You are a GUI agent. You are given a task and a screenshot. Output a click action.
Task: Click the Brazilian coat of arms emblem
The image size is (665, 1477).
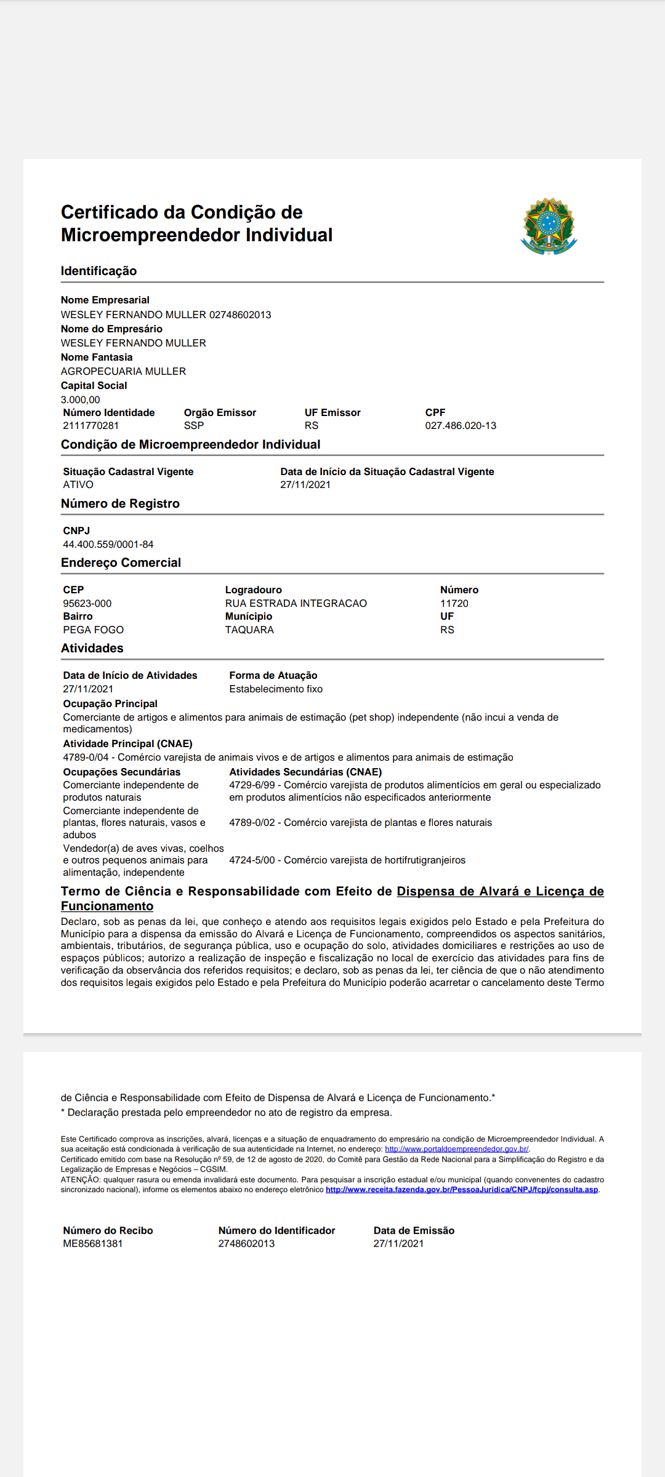[549, 226]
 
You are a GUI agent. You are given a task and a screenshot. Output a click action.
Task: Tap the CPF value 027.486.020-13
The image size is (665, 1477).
[461, 426]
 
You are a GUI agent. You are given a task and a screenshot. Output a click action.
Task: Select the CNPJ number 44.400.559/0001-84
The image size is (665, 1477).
[108, 545]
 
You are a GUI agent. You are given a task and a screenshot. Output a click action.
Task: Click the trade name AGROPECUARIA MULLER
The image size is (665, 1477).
[123, 372]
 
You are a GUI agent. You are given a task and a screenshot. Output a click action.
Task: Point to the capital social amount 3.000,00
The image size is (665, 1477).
[80, 400]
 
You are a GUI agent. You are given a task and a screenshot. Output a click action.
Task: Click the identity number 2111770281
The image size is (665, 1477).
[91, 426]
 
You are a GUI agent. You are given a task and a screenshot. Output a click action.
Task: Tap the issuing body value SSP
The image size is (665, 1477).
[193, 426]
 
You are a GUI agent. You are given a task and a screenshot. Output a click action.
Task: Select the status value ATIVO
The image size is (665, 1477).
[78, 485]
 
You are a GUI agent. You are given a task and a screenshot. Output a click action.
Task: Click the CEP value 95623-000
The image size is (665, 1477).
[87, 604]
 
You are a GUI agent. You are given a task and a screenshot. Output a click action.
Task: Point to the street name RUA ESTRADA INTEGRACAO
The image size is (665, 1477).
[296, 604]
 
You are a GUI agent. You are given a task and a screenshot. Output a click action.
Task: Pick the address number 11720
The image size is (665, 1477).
[454, 604]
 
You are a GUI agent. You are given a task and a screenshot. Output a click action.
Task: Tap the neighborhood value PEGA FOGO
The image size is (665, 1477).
[94, 630]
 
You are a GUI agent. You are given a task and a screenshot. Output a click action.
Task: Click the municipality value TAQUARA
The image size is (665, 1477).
[249, 630]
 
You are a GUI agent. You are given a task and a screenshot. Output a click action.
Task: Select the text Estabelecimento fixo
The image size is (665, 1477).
[276, 689]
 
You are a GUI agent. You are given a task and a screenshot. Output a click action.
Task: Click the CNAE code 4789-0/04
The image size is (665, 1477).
[86, 758]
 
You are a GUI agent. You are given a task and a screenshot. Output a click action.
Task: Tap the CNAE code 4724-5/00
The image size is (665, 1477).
[252, 860]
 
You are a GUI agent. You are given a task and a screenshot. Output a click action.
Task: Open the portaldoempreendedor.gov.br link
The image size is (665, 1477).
[456, 1149]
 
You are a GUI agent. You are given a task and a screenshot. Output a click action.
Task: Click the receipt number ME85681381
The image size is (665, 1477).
[93, 1244]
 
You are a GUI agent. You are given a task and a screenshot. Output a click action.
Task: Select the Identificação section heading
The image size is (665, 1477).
[99, 271]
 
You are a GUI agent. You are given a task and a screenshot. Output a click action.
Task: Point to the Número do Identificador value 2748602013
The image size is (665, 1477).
[246, 1244]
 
